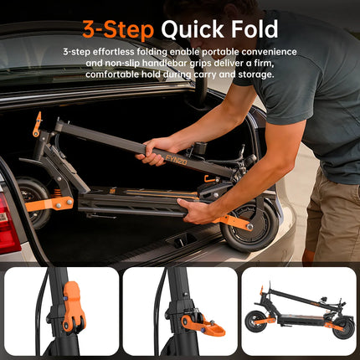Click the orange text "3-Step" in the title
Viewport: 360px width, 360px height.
pyautogui.click(x=118, y=29)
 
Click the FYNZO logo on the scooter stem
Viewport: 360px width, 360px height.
pyautogui.click(x=176, y=160)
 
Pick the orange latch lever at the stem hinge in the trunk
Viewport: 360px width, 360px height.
pyautogui.click(x=38, y=125)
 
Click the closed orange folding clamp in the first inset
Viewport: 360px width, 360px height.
pyautogui.click(x=74, y=306)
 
